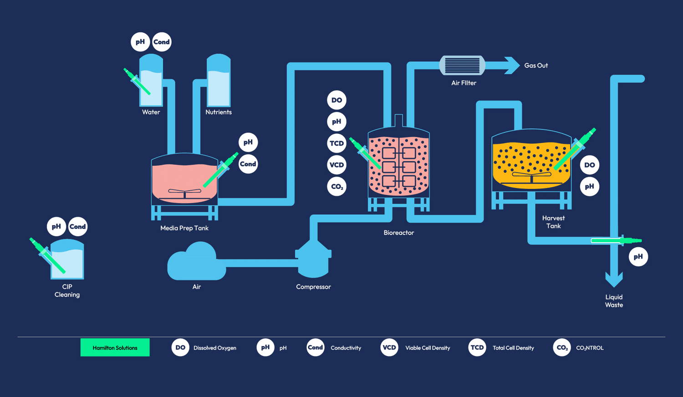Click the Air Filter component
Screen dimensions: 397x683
pyautogui.click(x=462, y=66)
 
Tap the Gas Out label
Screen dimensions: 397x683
pyautogui.click(x=536, y=66)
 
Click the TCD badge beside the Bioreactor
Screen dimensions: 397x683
pyautogui.click(x=336, y=143)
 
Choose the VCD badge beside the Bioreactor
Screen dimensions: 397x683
pyautogui.click(x=336, y=165)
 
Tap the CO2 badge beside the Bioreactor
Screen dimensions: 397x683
pyautogui.click(x=336, y=187)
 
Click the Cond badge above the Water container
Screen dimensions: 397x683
pyautogui.click(x=161, y=42)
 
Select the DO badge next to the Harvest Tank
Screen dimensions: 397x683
pyautogui.click(x=589, y=165)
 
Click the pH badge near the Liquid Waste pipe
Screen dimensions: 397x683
pyautogui.click(x=638, y=257)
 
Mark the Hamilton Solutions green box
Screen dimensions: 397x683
pyautogui.click(x=115, y=347)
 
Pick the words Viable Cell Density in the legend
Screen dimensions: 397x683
pyautogui.click(x=428, y=348)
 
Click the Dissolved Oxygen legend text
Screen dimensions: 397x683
pyautogui.click(x=214, y=348)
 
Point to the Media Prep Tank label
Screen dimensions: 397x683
pyautogui.click(x=184, y=228)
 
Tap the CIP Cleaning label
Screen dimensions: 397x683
pyautogui.click(x=67, y=290)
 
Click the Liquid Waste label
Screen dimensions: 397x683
pyautogui.click(x=614, y=301)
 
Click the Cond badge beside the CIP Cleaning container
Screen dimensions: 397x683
pyautogui.click(x=77, y=227)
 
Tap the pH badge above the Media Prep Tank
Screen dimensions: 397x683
pyautogui.click(x=248, y=143)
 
